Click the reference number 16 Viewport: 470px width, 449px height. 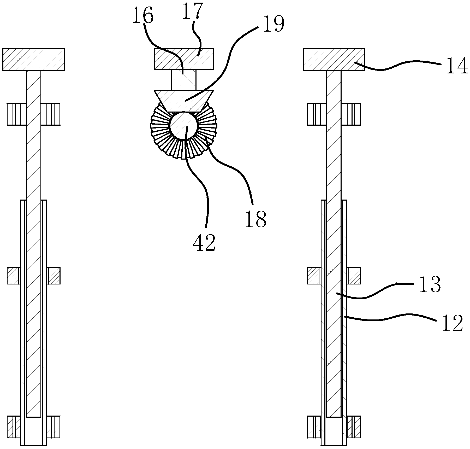coord(143,16)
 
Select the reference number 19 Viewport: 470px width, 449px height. coord(273,24)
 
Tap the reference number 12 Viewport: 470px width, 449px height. coord(452,323)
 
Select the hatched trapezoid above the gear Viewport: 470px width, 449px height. coord(184,101)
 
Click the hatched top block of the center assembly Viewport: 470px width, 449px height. coord(184,59)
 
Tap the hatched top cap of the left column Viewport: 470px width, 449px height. coord(33,59)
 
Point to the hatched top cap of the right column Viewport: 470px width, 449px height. coord(334,59)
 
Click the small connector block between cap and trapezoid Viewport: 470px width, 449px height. coord(184,80)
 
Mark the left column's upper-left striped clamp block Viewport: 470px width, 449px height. coord(16,114)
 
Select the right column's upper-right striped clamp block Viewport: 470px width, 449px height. coord(351,114)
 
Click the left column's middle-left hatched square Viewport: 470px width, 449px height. coord(14,276)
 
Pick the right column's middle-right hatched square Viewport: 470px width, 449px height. coord(354,276)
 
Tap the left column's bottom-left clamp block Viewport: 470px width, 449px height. coord(14,427)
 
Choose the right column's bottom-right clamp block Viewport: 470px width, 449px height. coord(354,427)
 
